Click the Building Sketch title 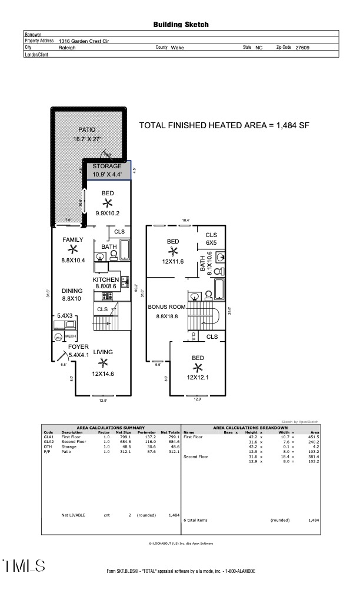(x=181, y=25)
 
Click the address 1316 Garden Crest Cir (x=84, y=42)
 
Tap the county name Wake (x=177, y=48)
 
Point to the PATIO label (x=87, y=130)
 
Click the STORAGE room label (x=107, y=166)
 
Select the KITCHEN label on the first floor (x=106, y=280)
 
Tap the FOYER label (x=78, y=347)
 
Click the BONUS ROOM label (x=168, y=307)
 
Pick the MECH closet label (x=71, y=337)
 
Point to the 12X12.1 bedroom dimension (x=198, y=377)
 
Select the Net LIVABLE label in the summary (x=74, y=515)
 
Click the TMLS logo (x=24, y=566)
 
